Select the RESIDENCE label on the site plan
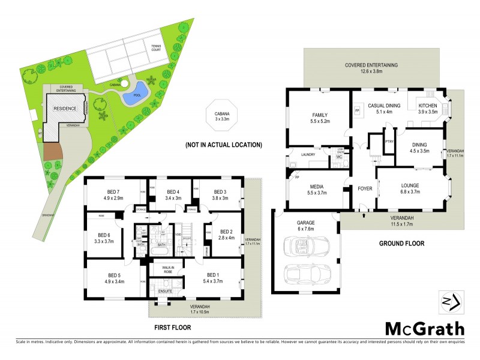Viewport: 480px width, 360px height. (65, 109)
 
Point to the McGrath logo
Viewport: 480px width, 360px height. (424, 328)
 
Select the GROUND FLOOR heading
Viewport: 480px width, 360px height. (401, 244)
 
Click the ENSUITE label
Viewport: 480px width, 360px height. (165, 291)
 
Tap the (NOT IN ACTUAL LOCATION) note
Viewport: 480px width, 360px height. (223, 145)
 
